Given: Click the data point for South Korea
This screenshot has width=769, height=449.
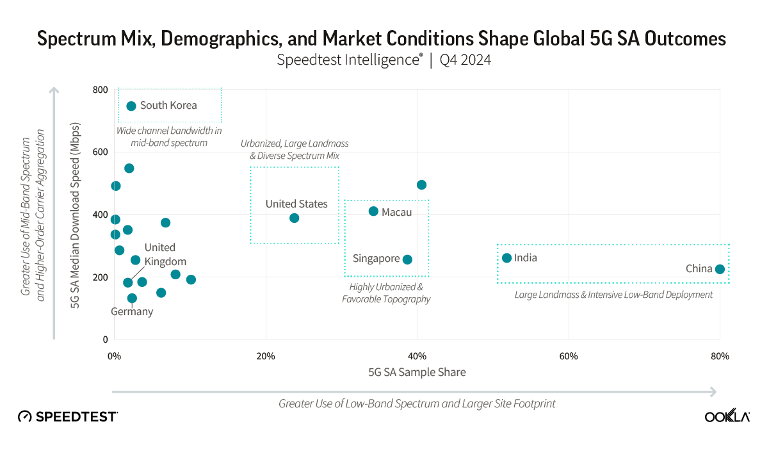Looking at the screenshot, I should tap(131, 106).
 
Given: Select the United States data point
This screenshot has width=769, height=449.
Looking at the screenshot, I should tap(294, 218).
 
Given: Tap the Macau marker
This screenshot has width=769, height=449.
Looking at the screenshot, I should tap(373, 211).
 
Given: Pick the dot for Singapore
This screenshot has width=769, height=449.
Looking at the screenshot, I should tap(407, 259).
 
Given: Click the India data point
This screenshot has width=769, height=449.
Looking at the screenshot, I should tap(506, 258).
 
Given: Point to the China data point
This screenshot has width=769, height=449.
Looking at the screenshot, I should tap(720, 269).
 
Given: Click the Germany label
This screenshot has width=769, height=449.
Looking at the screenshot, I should tap(132, 312).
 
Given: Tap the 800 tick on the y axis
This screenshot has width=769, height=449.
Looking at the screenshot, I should tap(99, 90).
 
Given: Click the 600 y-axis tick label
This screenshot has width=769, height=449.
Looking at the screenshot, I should tap(99, 152).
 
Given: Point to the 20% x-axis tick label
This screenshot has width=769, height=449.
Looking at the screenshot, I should tap(265, 356).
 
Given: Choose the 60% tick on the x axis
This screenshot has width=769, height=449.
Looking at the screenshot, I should tap(569, 356).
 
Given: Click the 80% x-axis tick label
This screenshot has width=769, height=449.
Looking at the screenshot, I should tap(720, 356).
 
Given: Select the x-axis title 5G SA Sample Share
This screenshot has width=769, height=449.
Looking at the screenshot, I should tap(417, 372).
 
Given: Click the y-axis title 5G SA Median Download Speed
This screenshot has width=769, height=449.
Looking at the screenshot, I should tap(76, 215).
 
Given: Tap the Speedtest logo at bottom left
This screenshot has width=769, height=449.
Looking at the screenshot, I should tap(68, 417).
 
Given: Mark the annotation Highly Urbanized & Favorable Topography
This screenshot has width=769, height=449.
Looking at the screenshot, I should tap(386, 293).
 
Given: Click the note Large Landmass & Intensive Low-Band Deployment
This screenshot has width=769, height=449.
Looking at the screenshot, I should tap(613, 295).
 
